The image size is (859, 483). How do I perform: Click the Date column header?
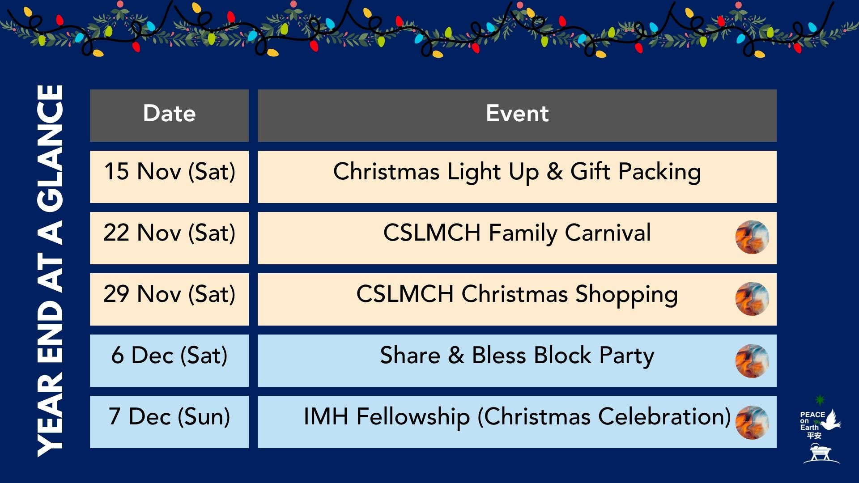point(169,115)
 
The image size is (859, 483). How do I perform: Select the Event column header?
point(517,115)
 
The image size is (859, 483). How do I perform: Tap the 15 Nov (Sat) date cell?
point(169,177)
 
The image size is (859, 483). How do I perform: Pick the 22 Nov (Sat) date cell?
point(169,238)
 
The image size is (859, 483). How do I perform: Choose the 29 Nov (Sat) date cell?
point(169,299)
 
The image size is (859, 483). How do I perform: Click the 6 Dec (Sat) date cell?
point(169,360)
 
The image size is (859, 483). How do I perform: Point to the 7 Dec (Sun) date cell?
point(169,422)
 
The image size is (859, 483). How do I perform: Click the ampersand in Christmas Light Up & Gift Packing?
point(554,172)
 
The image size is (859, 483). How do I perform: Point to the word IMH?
point(326,416)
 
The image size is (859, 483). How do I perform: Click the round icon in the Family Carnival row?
point(752,237)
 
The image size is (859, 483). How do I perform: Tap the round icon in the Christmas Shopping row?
point(752,299)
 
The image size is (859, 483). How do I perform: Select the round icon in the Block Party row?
point(752,361)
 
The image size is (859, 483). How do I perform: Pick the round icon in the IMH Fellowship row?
point(752,422)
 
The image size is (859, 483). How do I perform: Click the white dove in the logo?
point(831,421)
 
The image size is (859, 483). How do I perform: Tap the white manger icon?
point(821,454)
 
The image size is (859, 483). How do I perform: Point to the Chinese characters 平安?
point(814,435)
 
